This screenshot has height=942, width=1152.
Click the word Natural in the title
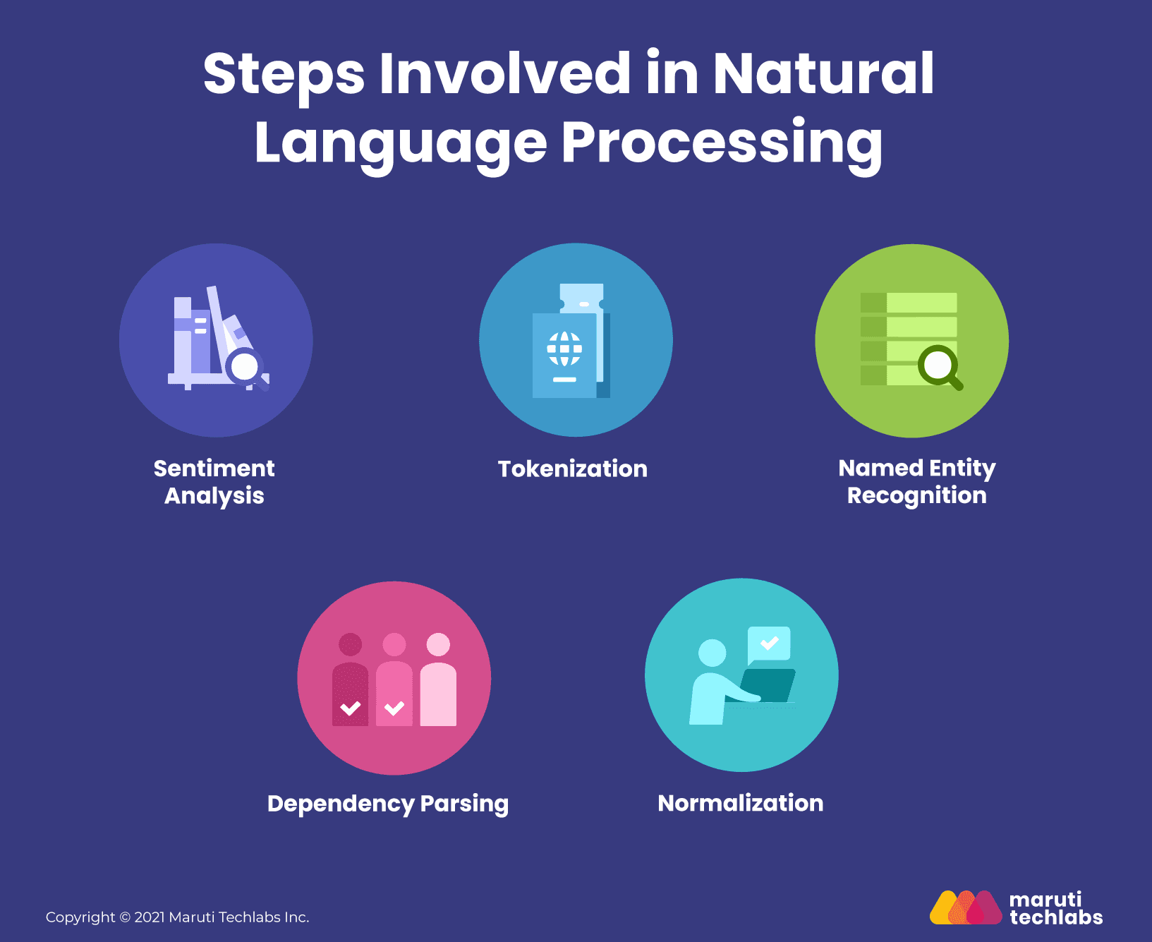click(x=823, y=73)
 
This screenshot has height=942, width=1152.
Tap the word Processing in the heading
click(x=722, y=144)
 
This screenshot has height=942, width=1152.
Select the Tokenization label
click(x=572, y=469)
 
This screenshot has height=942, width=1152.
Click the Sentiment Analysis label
click(x=214, y=482)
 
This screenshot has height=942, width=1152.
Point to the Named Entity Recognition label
click(x=917, y=482)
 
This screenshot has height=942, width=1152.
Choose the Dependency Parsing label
click(x=388, y=804)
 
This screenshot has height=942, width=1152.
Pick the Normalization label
click(x=741, y=803)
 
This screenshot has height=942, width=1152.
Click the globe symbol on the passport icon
click(x=565, y=349)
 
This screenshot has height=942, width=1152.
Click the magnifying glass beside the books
click(x=248, y=368)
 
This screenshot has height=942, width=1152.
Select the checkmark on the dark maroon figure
click(x=351, y=708)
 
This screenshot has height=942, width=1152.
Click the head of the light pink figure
click(x=439, y=644)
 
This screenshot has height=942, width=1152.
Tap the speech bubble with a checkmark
click(x=769, y=644)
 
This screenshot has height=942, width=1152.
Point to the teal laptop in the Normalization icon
click(x=768, y=685)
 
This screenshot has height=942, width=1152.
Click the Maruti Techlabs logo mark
click(x=966, y=907)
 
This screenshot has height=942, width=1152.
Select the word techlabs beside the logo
click(x=1056, y=917)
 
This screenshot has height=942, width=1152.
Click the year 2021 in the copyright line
click(x=150, y=917)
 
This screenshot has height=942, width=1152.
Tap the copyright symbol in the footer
click(x=125, y=917)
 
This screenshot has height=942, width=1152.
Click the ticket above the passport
click(x=582, y=298)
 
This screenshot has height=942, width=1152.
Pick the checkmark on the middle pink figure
click(x=394, y=708)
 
